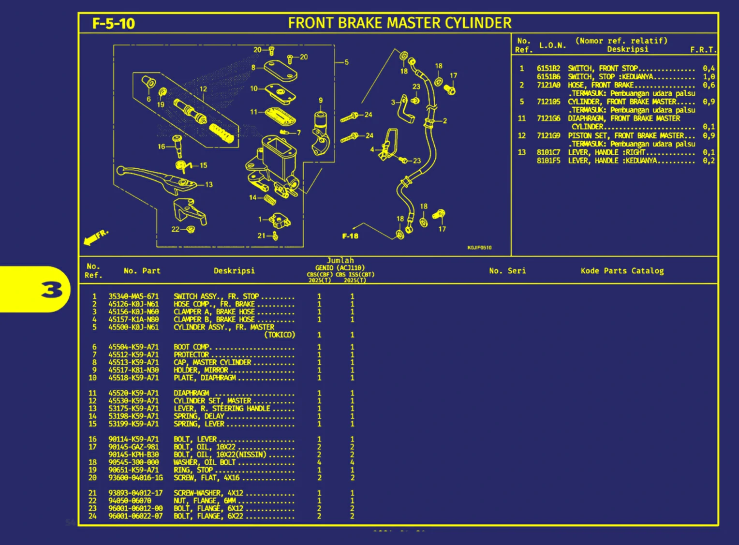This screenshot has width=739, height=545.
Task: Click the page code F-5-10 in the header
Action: click(x=113, y=23)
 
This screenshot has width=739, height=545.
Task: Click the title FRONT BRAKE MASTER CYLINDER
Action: click(x=399, y=23)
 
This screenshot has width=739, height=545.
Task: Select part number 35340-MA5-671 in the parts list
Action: click(x=133, y=296)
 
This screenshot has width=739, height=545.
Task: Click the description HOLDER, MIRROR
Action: click(x=201, y=370)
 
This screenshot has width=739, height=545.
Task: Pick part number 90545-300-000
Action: click(x=133, y=462)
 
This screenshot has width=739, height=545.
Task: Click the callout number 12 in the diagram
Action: click(x=203, y=89)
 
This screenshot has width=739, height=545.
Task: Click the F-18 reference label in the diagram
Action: click(x=350, y=236)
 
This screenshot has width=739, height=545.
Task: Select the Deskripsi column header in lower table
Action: click(x=234, y=271)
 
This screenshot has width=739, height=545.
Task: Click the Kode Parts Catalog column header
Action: click(x=622, y=271)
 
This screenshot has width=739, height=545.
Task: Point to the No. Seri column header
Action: click(x=507, y=271)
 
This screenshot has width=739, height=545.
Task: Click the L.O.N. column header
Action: click(x=552, y=45)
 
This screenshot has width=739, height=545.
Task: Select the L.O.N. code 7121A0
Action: click(x=548, y=85)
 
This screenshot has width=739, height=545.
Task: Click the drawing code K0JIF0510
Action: click(x=479, y=248)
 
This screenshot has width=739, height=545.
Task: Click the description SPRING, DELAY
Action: click(x=199, y=416)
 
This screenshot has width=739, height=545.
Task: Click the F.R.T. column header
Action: click(x=703, y=49)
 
